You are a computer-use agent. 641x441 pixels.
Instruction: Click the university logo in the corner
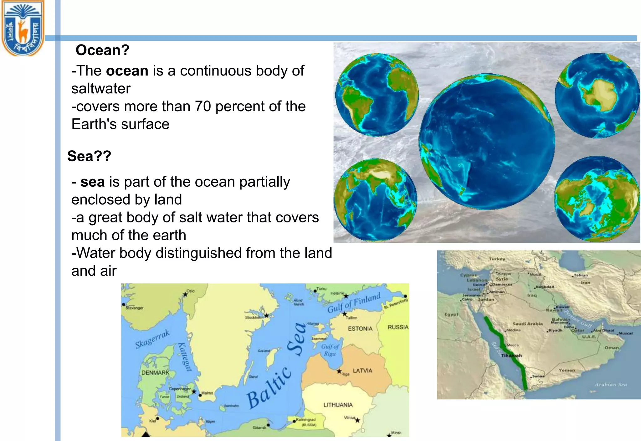coord(23,28)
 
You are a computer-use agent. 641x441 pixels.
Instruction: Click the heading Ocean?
coord(102,50)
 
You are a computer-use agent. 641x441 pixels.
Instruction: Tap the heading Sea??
coord(89,156)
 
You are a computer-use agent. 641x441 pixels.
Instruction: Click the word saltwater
coord(101,89)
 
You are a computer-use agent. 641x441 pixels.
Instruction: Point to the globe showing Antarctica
coord(597,96)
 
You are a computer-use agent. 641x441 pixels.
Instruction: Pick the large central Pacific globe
coord(487,142)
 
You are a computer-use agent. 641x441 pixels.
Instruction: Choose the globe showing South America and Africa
coord(377,95)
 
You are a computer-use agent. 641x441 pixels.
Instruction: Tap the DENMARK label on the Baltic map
coord(155,373)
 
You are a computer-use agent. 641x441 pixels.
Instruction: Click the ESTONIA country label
coord(360,329)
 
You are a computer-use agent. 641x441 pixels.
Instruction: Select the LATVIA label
coord(362,371)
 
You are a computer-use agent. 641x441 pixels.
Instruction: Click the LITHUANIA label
coord(338,405)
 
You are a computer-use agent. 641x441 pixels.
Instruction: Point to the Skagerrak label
coord(152,339)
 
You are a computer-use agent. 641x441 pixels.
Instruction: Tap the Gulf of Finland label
coord(354,303)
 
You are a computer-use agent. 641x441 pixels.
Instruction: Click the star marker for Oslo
coord(185,294)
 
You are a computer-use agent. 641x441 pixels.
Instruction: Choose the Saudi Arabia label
coord(527,324)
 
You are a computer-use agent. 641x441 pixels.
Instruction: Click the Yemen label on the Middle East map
coord(567,370)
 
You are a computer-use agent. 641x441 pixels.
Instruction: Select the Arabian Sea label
coord(611,385)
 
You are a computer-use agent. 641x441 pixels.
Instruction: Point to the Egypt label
coord(451,314)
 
